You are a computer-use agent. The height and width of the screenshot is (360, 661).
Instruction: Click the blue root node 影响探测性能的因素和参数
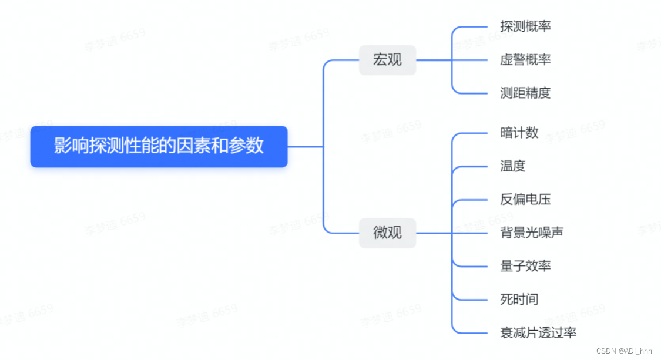pyautogui.click(x=159, y=146)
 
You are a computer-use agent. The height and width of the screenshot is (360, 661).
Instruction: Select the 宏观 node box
pyautogui.click(x=387, y=60)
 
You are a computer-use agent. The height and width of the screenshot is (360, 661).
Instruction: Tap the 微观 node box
pyautogui.click(x=387, y=233)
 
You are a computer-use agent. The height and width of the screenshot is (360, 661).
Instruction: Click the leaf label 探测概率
pyautogui.click(x=525, y=26)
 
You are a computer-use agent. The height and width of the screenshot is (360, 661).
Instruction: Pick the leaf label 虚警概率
pyautogui.click(x=525, y=60)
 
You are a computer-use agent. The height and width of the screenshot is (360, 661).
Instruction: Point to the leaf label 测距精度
pyautogui.click(x=525, y=93)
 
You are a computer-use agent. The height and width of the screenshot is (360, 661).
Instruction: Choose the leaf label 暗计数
pyautogui.click(x=519, y=133)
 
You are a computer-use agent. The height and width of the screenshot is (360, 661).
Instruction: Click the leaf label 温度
pyautogui.click(x=512, y=166)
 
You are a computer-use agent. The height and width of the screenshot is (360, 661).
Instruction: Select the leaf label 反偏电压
pyautogui.click(x=525, y=200)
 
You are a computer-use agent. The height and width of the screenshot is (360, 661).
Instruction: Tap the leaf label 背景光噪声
pyautogui.click(x=532, y=233)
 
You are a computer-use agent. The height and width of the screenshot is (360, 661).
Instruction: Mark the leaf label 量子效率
pyautogui.click(x=525, y=266)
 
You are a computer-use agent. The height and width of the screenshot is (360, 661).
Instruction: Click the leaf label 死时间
pyautogui.click(x=519, y=300)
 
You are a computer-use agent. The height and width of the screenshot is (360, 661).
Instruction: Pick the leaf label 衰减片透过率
pyautogui.click(x=538, y=333)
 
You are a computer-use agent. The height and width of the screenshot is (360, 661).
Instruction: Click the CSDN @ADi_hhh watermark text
pyautogui.click(x=624, y=350)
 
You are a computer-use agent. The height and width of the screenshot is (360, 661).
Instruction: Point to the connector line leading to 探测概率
pyautogui.click(x=473, y=26)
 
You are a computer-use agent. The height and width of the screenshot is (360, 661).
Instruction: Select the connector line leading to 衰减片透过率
pyautogui.click(x=473, y=333)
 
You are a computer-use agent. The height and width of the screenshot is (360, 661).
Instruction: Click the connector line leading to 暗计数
pyautogui.click(x=473, y=133)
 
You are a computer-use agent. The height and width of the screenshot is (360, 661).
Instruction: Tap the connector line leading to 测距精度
pyautogui.click(x=473, y=93)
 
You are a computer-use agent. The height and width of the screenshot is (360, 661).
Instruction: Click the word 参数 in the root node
pyautogui.click(x=251, y=146)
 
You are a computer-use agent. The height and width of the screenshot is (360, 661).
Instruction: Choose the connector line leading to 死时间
pyautogui.click(x=473, y=300)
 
